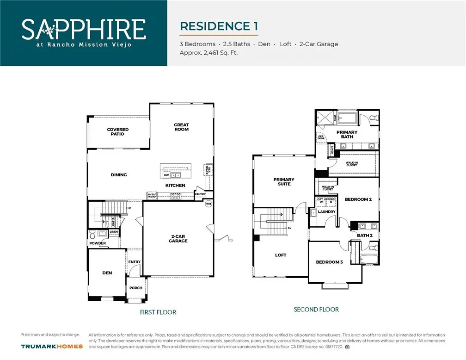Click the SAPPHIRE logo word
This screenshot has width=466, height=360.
[84, 29]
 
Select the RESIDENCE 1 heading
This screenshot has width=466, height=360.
[219, 26]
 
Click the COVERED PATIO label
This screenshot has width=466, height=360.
[118, 132]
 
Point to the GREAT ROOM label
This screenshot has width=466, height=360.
[181, 127]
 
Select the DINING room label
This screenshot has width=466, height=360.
[119, 175]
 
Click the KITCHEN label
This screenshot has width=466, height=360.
[175, 186]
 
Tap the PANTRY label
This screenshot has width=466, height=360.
[200, 194]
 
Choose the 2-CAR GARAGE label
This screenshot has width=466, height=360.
[178, 238]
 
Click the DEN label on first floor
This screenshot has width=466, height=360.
[107, 273]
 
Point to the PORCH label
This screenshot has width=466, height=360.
[136, 288]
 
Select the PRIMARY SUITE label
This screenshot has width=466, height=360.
[284, 181]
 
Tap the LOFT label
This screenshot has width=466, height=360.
[281, 255]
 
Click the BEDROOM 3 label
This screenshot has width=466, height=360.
[329, 262]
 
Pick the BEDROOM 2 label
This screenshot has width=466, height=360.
[358, 199]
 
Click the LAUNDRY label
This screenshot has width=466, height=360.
[327, 212]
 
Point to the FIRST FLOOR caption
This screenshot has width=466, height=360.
[158, 312]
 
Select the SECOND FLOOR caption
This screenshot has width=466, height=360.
[316, 310]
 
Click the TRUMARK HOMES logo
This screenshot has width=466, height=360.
[52, 346]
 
